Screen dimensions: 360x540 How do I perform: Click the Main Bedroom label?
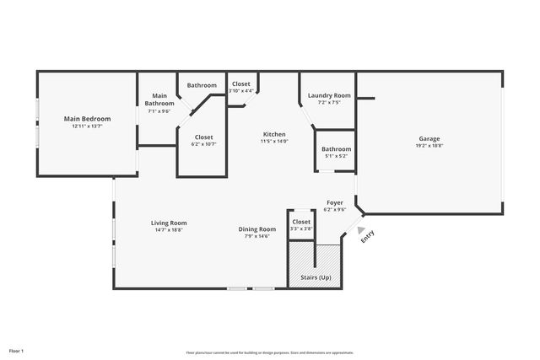[x=87, y=119]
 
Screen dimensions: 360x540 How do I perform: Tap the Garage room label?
[x=429, y=138]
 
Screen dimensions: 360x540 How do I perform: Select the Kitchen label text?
[x=273, y=134]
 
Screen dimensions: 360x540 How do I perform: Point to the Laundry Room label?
[x=329, y=96]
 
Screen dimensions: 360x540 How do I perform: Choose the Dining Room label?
[x=256, y=229]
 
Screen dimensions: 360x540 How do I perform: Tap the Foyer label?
[x=335, y=203]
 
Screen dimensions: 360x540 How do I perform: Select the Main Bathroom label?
[x=159, y=99]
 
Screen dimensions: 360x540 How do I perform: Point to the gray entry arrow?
[x=361, y=229]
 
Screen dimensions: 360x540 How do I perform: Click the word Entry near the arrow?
[x=368, y=238]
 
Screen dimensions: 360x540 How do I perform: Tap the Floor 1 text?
[x=17, y=350]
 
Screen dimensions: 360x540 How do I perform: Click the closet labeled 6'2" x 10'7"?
[x=203, y=137]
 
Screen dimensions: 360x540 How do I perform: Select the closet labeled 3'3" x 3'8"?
[x=301, y=222]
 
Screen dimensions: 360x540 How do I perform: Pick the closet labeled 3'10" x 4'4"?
[x=240, y=84]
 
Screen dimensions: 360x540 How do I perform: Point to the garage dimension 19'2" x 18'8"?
[x=429, y=146]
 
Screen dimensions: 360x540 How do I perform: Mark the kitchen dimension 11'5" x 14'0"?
[x=273, y=142]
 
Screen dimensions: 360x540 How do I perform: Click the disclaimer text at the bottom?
[x=270, y=352]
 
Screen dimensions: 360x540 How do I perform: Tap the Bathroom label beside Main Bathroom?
[x=202, y=85]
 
